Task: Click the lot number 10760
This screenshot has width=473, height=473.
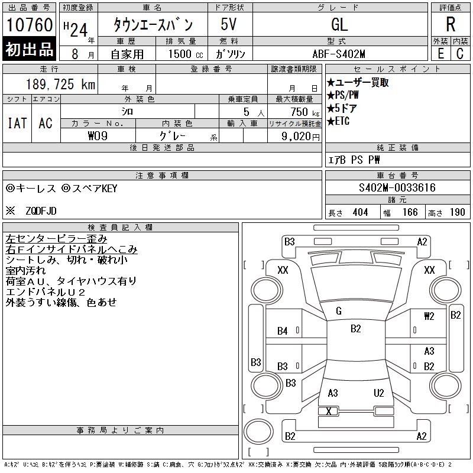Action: tap(30, 25)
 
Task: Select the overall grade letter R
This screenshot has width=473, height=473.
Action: tap(451, 24)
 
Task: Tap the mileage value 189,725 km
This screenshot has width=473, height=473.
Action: tap(60, 84)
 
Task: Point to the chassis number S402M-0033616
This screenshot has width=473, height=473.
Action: tap(397, 187)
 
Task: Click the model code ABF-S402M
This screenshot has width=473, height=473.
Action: tap(339, 54)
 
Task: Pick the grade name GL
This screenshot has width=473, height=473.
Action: tap(339, 24)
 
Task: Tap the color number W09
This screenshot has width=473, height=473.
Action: tap(98, 136)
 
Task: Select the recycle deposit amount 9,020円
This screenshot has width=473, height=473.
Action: tap(300, 137)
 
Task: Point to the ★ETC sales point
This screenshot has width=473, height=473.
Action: tap(338, 121)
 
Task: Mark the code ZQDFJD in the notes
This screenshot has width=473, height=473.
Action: tap(41, 211)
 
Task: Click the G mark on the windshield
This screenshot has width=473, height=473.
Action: tap(339, 311)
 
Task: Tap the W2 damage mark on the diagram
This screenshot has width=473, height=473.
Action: tap(429, 316)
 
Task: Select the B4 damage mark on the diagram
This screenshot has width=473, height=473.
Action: tap(283, 331)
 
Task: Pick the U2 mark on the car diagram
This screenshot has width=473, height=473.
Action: tap(378, 393)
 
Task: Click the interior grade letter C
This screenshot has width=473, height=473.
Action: tap(460, 54)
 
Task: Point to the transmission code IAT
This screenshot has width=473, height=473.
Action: tap(17, 124)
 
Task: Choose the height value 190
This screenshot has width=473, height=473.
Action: tap(457, 212)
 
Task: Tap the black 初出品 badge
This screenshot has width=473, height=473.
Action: tap(29, 49)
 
